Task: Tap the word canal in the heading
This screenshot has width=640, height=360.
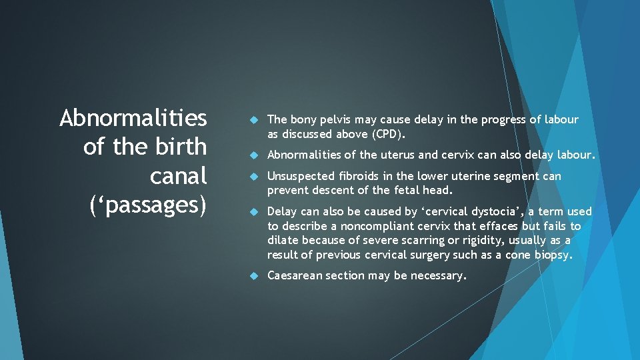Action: tap(179, 176)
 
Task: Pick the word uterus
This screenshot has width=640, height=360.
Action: tap(399, 155)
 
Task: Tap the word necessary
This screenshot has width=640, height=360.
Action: tap(439, 275)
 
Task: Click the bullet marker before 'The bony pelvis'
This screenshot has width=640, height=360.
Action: tap(253, 120)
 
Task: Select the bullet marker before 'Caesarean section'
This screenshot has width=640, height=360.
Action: tap(253, 276)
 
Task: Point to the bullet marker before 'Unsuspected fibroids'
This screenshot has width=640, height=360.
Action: tap(253, 177)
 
